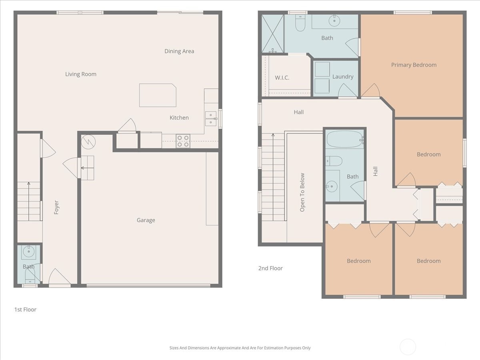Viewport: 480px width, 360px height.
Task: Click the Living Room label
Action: (x=81, y=74)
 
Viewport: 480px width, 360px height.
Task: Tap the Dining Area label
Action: (x=179, y=51)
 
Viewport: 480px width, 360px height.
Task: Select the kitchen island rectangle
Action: (x=158, y=95)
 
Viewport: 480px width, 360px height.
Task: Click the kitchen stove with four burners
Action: (x=183, y=141)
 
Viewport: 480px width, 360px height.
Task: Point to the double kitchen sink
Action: (x=211, y=119)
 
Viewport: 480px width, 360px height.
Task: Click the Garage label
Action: (x=146, y=220)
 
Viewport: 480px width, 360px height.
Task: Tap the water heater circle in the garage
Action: (x=88, y=141)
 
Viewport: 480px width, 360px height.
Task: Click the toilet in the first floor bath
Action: (x=30, y=275)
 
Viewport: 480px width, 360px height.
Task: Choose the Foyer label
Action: (x=56, y=207)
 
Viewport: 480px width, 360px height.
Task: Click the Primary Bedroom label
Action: (x=414, y=65)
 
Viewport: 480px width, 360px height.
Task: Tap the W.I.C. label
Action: (x=282, y=78)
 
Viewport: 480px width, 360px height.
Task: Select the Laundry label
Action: (x=343, y=76)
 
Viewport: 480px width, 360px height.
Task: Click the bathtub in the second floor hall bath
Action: (x=344, y=140)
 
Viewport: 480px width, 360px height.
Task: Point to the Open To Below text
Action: (x=302, y=192)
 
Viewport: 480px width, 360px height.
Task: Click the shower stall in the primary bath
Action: (x=273, y=34)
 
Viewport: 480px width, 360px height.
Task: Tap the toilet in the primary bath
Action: (x=300, y=24)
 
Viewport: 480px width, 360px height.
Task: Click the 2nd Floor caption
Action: (x=270, y=268)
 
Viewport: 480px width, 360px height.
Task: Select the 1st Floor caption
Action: (x=25, y=310)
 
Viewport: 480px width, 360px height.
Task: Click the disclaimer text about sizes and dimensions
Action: (x=240, y=348)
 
